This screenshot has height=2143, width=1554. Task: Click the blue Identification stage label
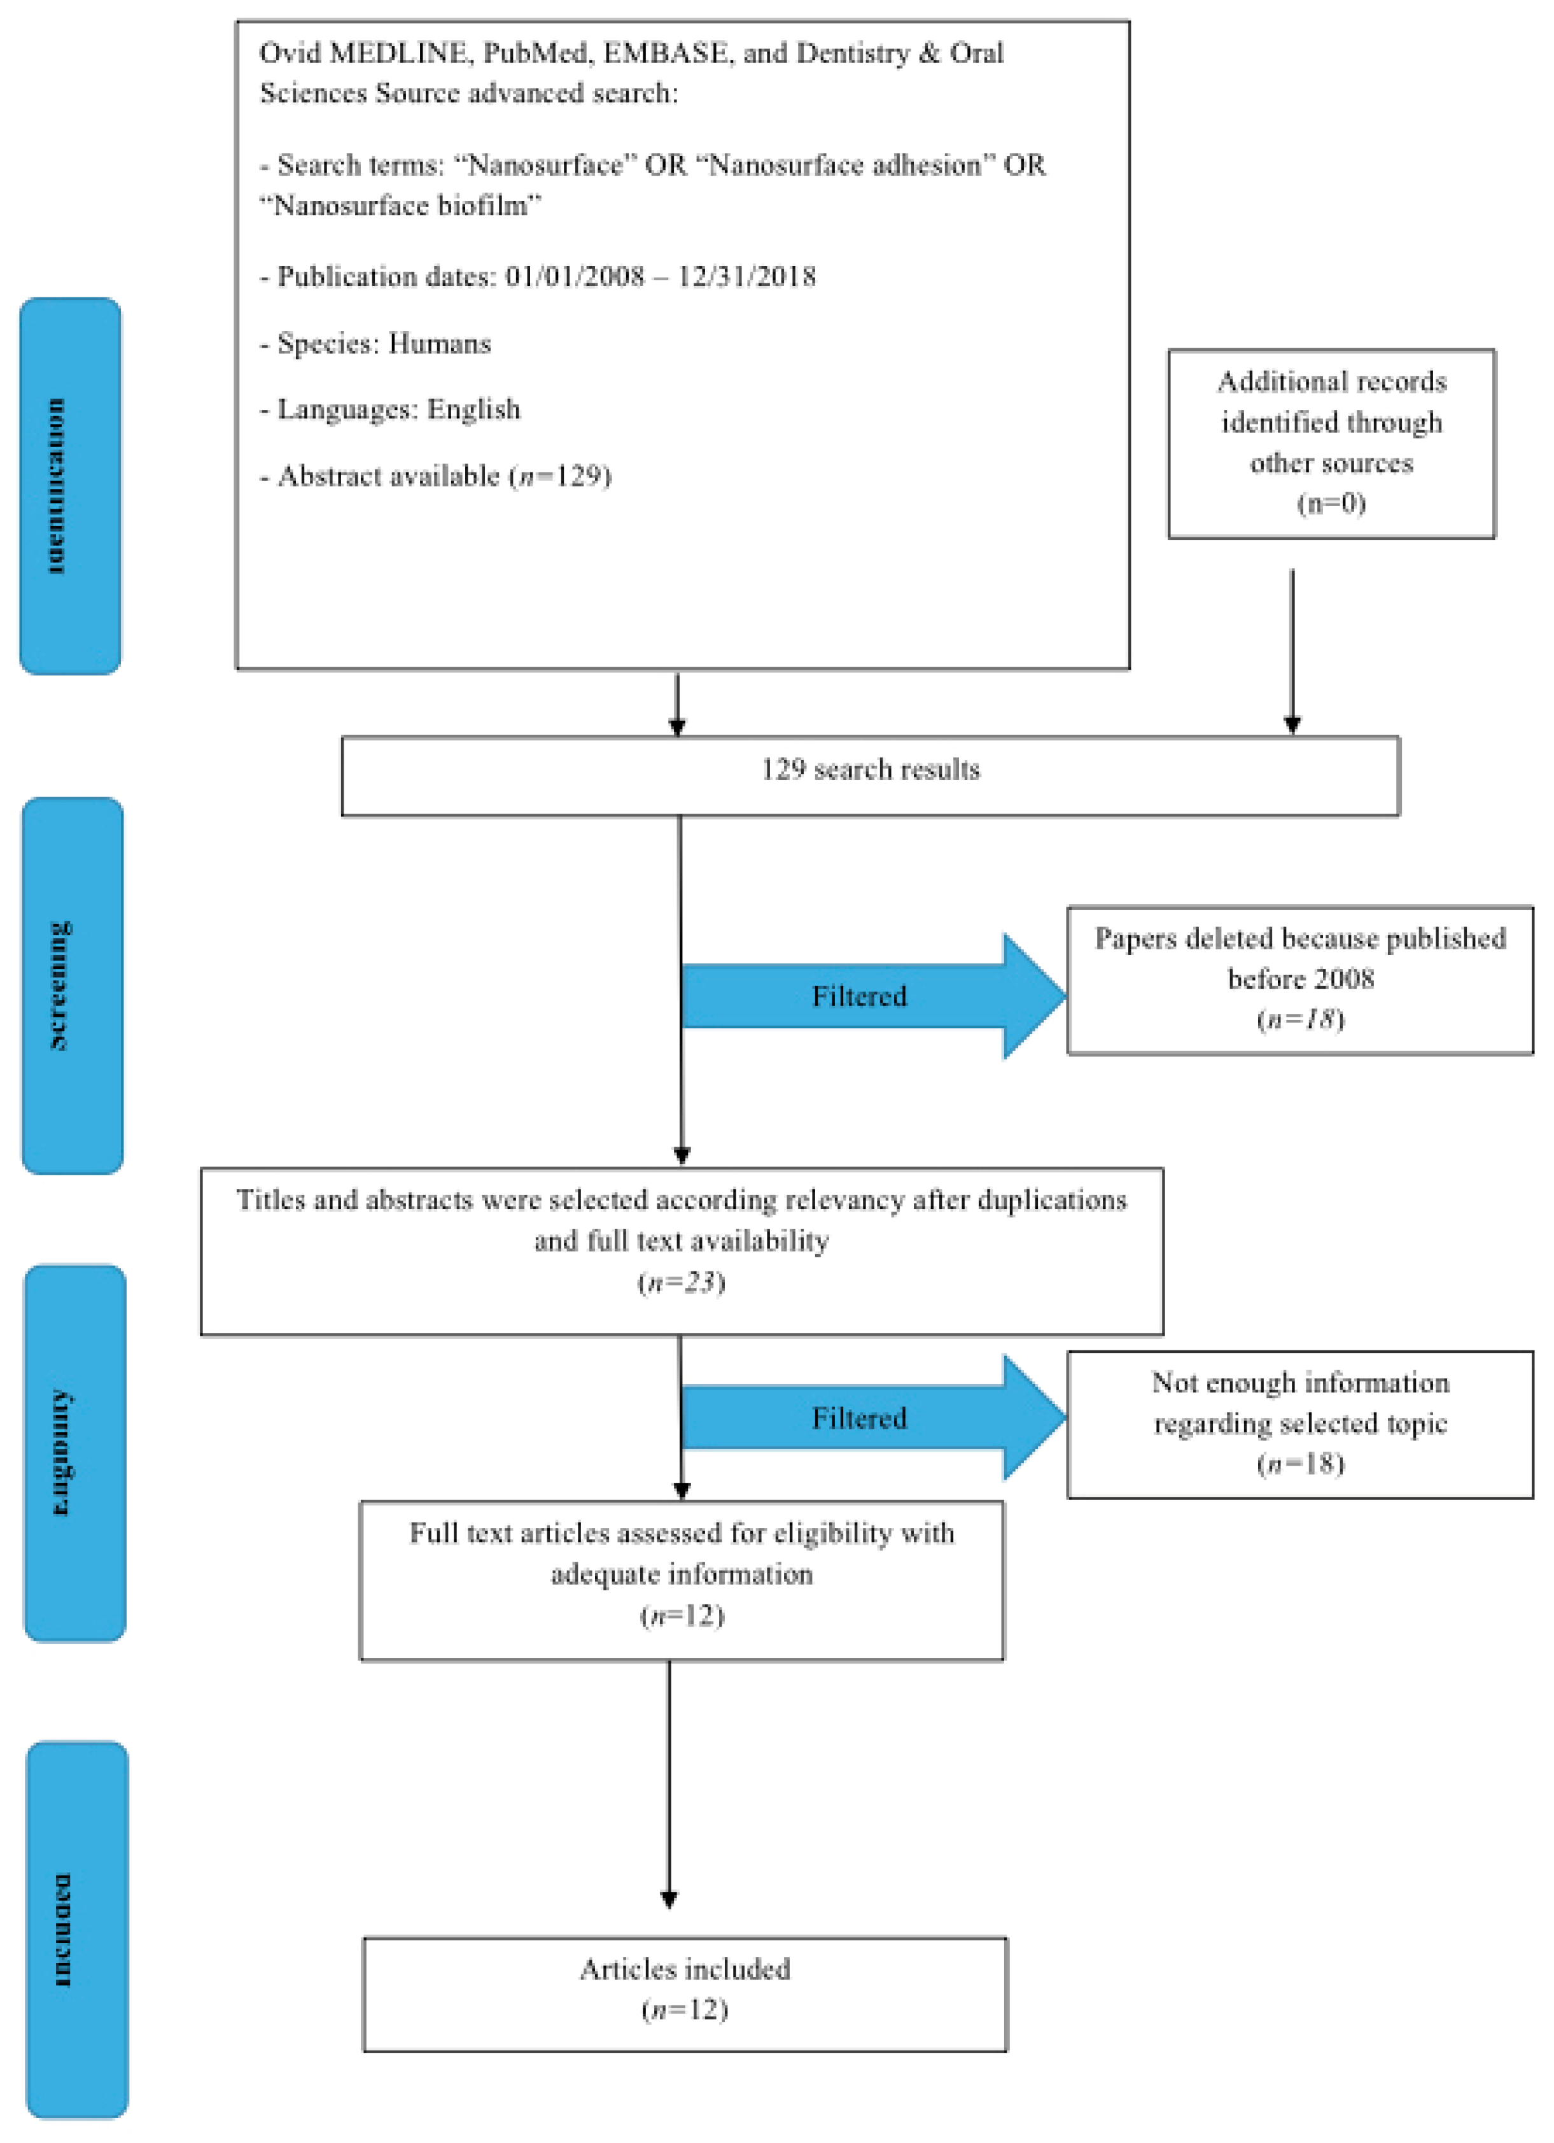point(71,486)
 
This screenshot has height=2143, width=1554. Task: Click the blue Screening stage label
point(72,986)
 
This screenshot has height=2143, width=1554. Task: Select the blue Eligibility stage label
point(74,1453)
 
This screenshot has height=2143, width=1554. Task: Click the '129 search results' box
point(869,775)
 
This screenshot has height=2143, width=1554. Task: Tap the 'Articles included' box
point(685,1994)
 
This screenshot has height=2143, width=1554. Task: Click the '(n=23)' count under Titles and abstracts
point(681,1282)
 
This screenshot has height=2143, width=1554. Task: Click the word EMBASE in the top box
point(665,53)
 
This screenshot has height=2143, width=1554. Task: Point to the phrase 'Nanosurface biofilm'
point(400,205)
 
